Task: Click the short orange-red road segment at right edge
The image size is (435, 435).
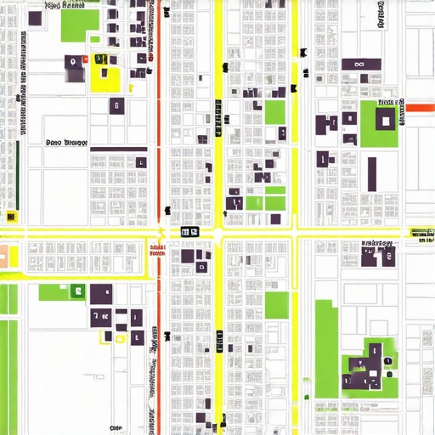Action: click(420, 108)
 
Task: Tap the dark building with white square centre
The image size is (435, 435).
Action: click(386, 120)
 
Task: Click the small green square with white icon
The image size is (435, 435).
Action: click(77, 291)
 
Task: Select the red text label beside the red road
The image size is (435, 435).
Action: click(155, 249)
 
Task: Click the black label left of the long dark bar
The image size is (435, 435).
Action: click(66, 143)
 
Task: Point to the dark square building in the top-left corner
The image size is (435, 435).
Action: click(35, 18)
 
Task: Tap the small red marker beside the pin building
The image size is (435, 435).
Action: click(85, 59)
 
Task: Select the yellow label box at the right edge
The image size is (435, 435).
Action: click(421, 231)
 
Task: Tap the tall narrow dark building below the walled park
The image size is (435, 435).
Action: click(372, 173)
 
